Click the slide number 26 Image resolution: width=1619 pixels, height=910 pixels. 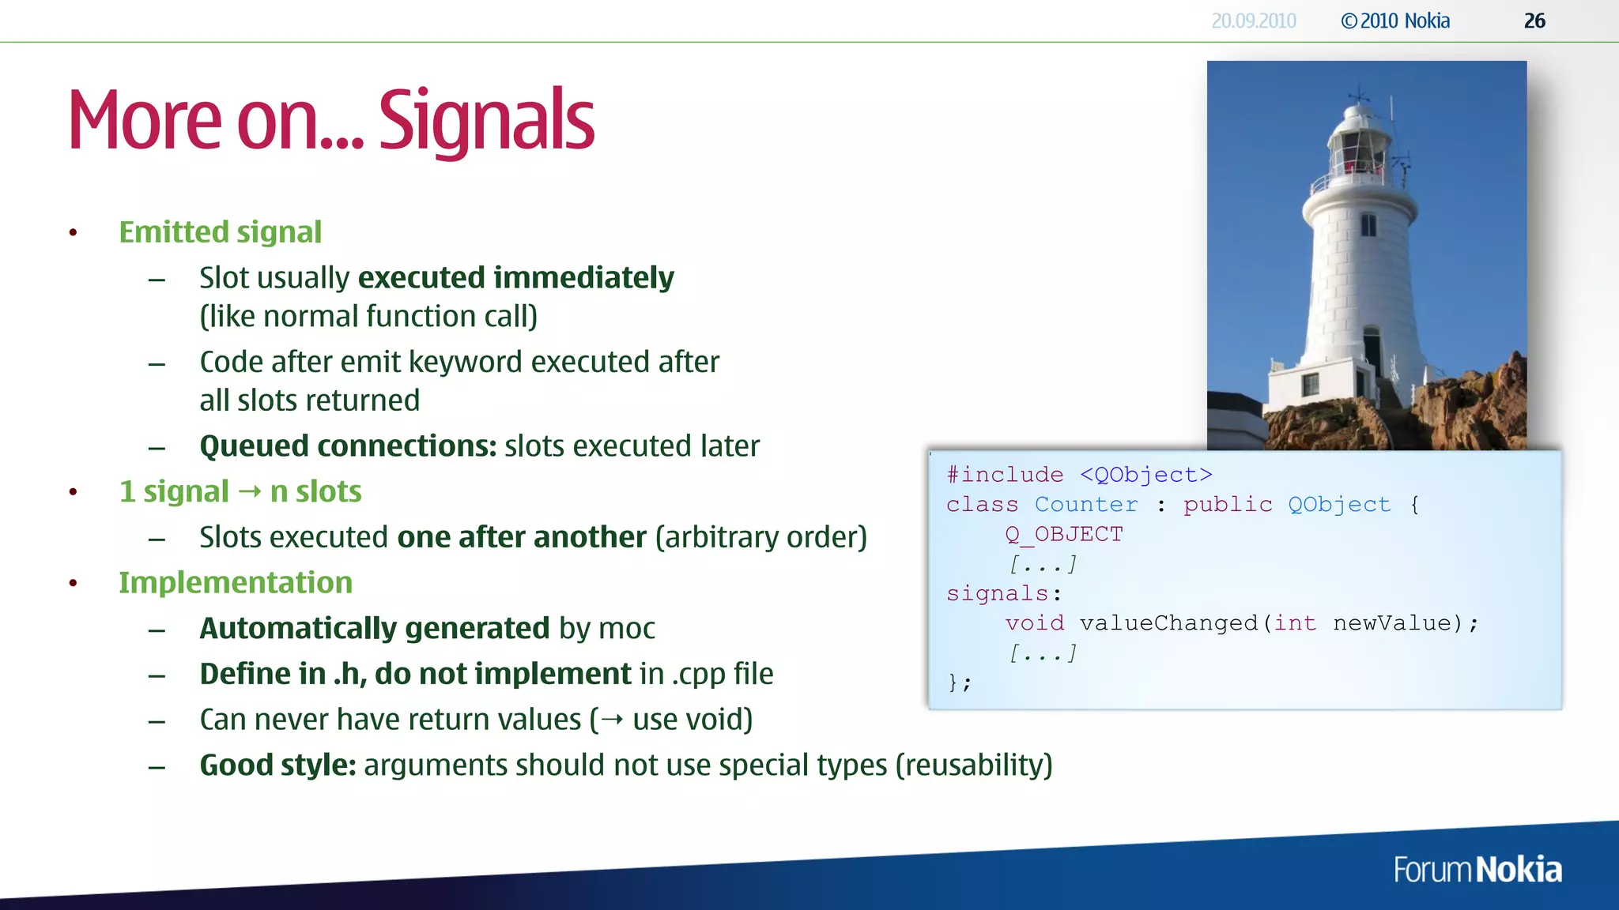point(1534,21)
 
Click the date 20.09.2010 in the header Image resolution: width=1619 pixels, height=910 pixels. point(1254,21)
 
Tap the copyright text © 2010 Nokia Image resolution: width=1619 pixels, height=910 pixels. point(1395,21)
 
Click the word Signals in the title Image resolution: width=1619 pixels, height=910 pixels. point(486,121)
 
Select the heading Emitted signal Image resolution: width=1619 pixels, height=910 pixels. point(220,232)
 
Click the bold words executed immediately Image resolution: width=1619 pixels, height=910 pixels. point(515,278)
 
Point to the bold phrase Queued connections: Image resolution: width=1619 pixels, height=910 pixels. point(348,446)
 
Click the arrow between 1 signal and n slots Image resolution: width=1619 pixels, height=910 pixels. point(250,492)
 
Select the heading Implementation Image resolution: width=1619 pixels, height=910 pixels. point(236,583)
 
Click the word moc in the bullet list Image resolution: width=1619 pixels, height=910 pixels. point(627,629)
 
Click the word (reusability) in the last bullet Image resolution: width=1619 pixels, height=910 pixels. point(974,765)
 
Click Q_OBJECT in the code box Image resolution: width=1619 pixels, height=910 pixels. point(1063,535)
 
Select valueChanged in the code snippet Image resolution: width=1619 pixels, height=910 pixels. point(1168,623)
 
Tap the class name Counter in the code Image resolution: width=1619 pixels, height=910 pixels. point(1086,505)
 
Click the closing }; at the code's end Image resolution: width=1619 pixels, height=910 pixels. point(960,682)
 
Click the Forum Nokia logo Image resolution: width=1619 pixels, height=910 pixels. point(1477,870)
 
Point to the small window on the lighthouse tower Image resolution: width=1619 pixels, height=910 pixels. point(1368,226)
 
